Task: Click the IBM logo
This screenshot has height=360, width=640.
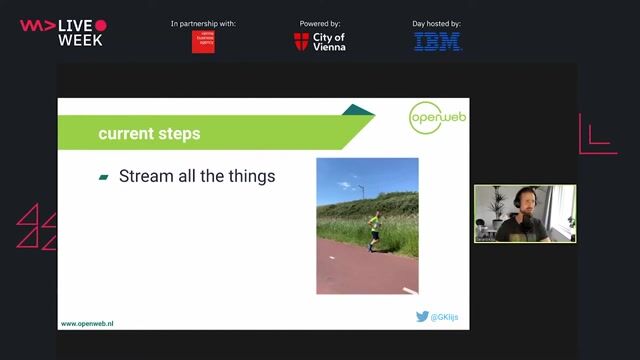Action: coord(438,42)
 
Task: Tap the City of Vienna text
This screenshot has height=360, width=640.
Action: coord(329,42)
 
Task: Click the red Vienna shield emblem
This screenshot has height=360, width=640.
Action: coord(301,42)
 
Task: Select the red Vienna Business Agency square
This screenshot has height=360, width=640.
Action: coord(203,41)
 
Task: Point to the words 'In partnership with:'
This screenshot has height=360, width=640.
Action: coord(203,23)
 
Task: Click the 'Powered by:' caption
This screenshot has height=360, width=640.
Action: coord(320,23)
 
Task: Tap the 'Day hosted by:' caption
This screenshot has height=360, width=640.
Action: coord(438,23)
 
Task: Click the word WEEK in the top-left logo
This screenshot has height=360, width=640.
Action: coord(80,40)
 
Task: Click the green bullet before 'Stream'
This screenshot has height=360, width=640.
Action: coord(103,177)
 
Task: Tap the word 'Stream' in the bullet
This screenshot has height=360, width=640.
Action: coord(144,177)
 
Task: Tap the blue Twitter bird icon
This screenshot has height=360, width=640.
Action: coord(423,317)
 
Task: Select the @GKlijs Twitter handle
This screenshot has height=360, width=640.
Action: coord(446,317)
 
